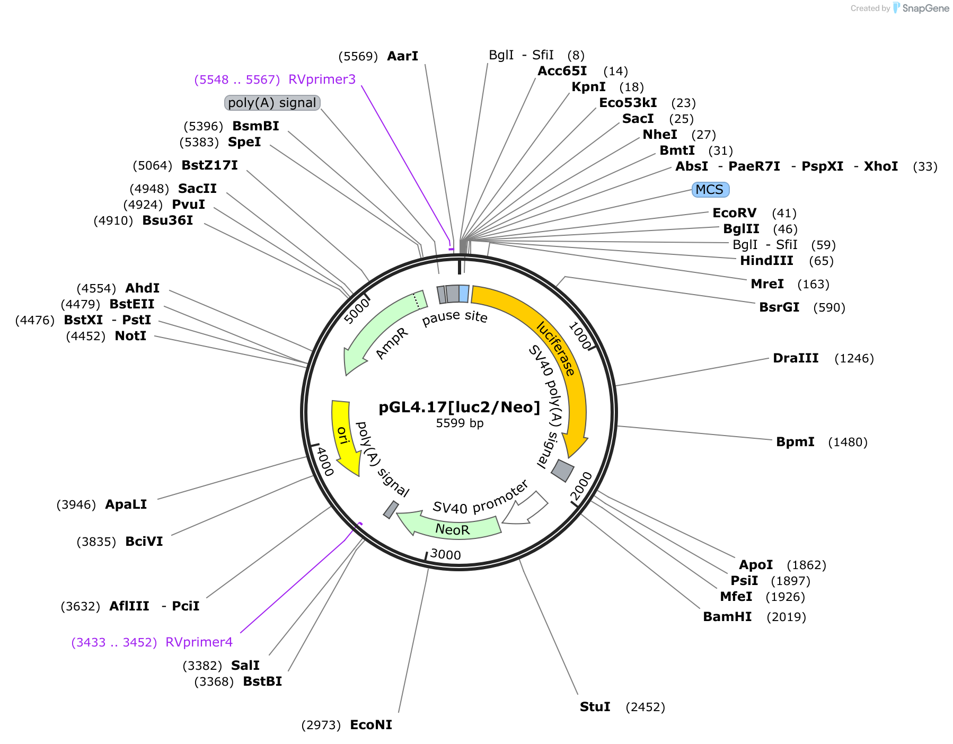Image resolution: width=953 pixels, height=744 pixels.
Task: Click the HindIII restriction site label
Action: point(766,261)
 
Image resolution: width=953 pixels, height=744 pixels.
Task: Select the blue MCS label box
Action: point(711,190)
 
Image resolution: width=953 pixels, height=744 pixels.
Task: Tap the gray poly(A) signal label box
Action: point(272,103)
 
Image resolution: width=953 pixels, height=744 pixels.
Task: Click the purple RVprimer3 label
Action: point(322,79)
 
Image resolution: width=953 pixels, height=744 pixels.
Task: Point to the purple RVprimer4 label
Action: point(199,642)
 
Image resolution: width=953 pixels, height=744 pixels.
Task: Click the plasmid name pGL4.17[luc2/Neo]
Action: point(460,407)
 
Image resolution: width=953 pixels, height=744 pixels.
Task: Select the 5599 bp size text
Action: point(460,423)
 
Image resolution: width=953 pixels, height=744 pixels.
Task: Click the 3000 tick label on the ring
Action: point(446,555)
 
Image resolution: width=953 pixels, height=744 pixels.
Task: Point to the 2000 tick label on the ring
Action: point(581,486)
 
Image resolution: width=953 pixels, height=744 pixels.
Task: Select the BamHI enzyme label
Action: point(727,617)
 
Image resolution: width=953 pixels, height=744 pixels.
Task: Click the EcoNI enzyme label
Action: point(371,725)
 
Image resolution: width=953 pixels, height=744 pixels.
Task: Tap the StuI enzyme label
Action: point(595,707)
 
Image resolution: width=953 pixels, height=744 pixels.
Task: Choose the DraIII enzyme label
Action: point(796,358)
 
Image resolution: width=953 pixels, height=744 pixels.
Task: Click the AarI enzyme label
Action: point(403,56)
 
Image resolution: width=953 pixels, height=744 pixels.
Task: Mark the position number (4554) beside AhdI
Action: point(96,288)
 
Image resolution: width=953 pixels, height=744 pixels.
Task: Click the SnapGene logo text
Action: point(925,8)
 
